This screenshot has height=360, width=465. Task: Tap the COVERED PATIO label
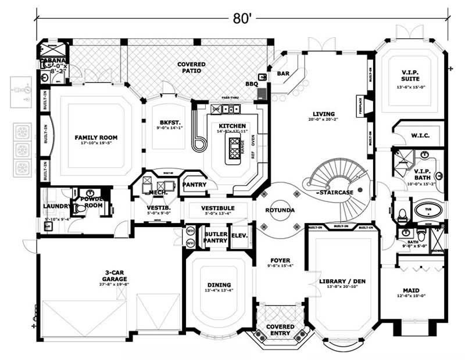(x=190, y=67)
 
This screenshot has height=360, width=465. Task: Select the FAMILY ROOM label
(x=96, y=138)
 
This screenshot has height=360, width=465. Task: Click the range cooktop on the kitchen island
(x=235, y=149)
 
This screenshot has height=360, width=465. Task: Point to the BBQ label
(x=251, y=84)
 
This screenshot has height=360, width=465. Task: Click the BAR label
(x=283, y=74)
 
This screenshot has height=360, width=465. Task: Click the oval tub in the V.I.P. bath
(x=427, y=210)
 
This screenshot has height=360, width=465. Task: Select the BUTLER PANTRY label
(x=215, y=237)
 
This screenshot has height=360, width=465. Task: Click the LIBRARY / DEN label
(x=342, y=282)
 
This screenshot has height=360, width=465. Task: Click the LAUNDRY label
(x=56, y=206)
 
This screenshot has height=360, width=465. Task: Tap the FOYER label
(x=280, y=260)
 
